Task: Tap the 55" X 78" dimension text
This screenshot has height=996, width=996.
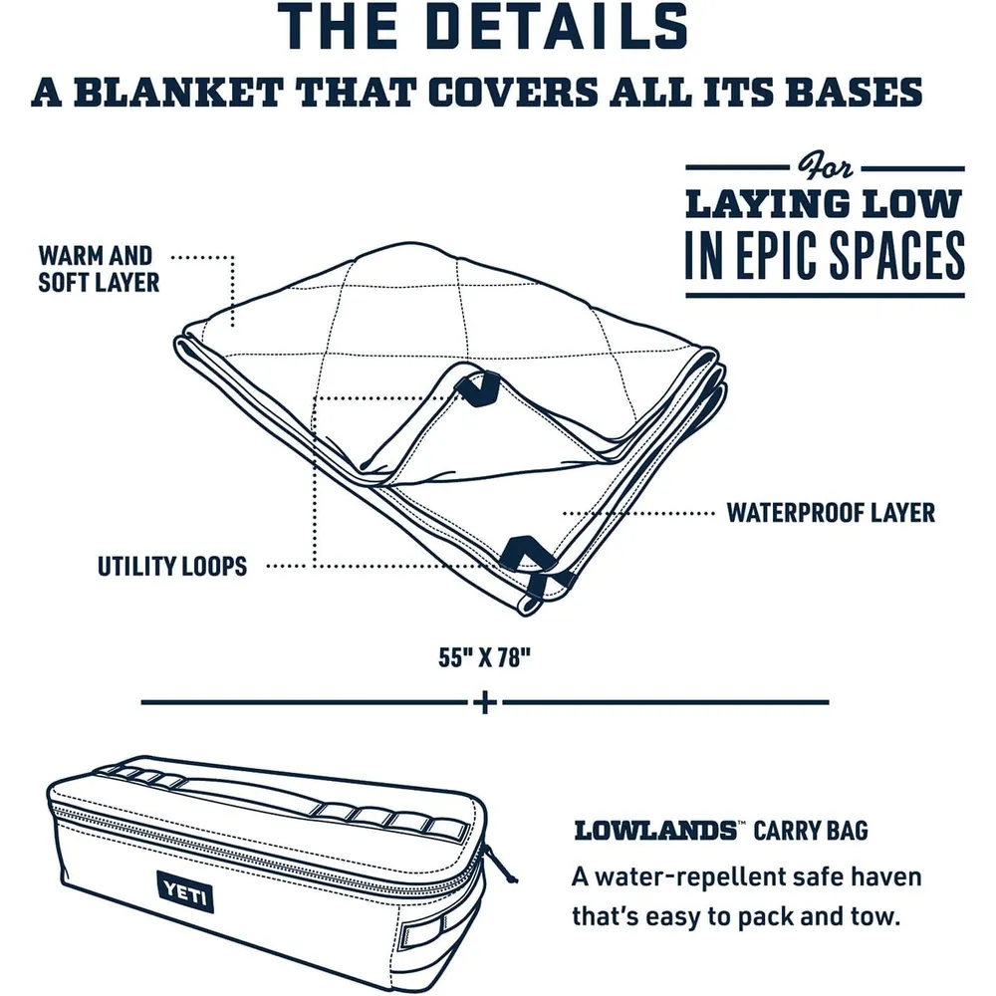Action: pyautogui.click(x=484, y=657)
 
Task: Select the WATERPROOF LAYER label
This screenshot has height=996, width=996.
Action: pyautogui.click(x=831, y=513)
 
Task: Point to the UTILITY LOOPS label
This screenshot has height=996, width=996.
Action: pyautogui.click(x=172, y=566)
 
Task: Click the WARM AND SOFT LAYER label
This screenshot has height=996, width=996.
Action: pyautogui.click(x=99, y=269)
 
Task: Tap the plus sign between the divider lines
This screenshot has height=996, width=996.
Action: pyautogui.click(x=485, y=702)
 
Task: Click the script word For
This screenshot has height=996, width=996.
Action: pyautogui.click(x=825, y=167)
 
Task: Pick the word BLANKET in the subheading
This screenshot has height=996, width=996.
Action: pyautogui.click(x=178, y=93)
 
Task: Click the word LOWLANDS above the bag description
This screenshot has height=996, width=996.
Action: pyautogui.click(x=654, y=831)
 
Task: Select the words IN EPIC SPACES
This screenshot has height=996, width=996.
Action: pyautogui.click(x=825, y=255)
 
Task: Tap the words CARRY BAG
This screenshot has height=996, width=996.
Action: pyautogui.click(x=811, y=831)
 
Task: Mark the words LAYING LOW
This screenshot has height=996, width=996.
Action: pyautogui.click(x=825, y=204)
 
